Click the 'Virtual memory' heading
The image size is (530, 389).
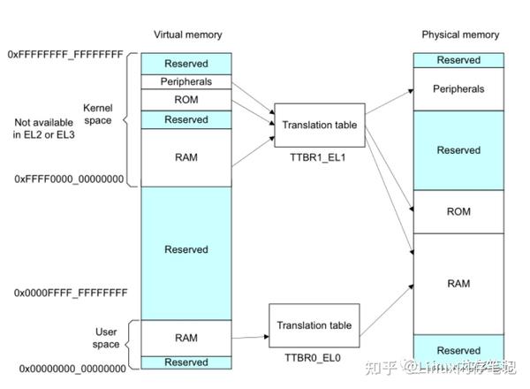point(187,35)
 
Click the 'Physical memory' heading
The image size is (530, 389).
point(459,35)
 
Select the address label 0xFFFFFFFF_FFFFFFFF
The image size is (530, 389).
point(65,54)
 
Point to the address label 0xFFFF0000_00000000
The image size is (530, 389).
point(68,179)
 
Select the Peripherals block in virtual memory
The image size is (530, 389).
point(185,81)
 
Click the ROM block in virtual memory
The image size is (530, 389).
point(185,100)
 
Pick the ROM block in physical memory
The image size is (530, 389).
point(458,212)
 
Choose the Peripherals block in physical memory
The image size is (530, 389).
point(458,89)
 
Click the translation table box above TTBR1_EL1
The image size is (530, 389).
point(319,126)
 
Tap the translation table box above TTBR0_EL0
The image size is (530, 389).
point(314,325)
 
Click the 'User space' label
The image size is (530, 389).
point(106,338)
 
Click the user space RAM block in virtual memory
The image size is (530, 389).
point(185,338)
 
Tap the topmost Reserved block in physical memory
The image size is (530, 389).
point(458,60)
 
